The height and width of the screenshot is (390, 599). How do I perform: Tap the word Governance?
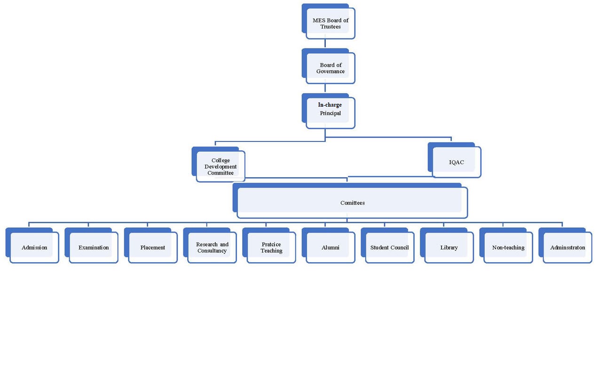tap(330, 72)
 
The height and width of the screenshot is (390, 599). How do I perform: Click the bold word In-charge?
tap(330, 105)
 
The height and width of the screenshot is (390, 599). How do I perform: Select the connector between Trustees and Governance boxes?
tap(325, 44)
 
